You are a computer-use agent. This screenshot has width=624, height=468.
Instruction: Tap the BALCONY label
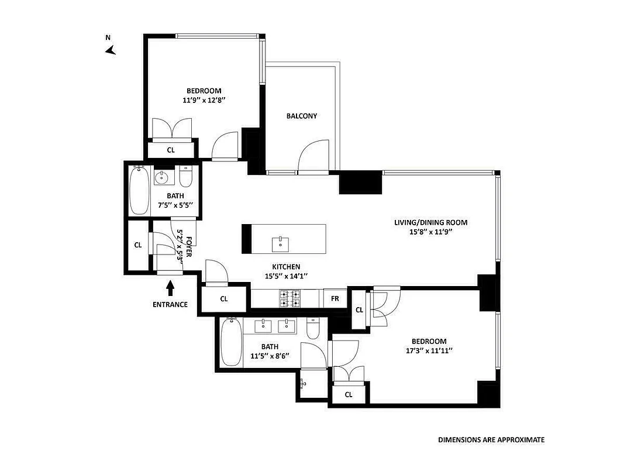302,116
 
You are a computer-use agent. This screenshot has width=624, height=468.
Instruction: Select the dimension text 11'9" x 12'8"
204,100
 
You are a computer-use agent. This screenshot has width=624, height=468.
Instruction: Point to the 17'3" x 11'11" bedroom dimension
429,351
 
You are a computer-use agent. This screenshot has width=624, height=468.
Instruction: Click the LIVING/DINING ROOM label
430,222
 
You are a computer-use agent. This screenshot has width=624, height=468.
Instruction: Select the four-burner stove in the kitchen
290,298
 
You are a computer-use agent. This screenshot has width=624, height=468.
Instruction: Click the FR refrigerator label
335,298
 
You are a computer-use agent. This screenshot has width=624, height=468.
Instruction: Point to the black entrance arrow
170,288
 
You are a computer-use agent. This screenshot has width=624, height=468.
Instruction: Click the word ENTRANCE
170,304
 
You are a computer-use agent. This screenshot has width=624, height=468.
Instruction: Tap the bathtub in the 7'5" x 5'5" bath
139,191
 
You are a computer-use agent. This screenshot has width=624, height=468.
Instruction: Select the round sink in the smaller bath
162,177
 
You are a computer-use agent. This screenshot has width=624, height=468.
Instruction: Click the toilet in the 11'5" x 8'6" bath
312,329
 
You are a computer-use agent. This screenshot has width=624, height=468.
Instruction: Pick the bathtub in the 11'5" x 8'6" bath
230,343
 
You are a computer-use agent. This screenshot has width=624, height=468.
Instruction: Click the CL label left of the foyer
138,245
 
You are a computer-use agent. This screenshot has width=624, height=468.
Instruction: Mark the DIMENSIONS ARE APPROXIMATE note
491,439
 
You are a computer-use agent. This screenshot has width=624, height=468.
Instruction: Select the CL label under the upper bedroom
171,150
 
